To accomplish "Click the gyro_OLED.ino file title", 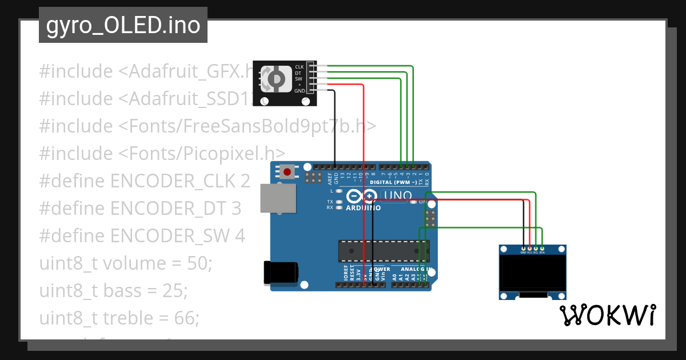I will click(x=123, y=26).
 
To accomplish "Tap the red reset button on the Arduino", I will click(x=286, y=171).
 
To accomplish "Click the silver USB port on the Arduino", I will click(x=278, y=198).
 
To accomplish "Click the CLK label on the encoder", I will click(x=299, y=67).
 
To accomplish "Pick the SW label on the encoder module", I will click(x=298, y=79).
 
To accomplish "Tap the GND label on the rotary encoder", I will click(x=300, y=91).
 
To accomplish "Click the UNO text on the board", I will click(x=396, y=196).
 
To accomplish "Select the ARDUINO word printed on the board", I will click(x=363, y=207).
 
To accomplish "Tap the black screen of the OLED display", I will click(x=532, y=273).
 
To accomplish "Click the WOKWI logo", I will click(x=607, y=315).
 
